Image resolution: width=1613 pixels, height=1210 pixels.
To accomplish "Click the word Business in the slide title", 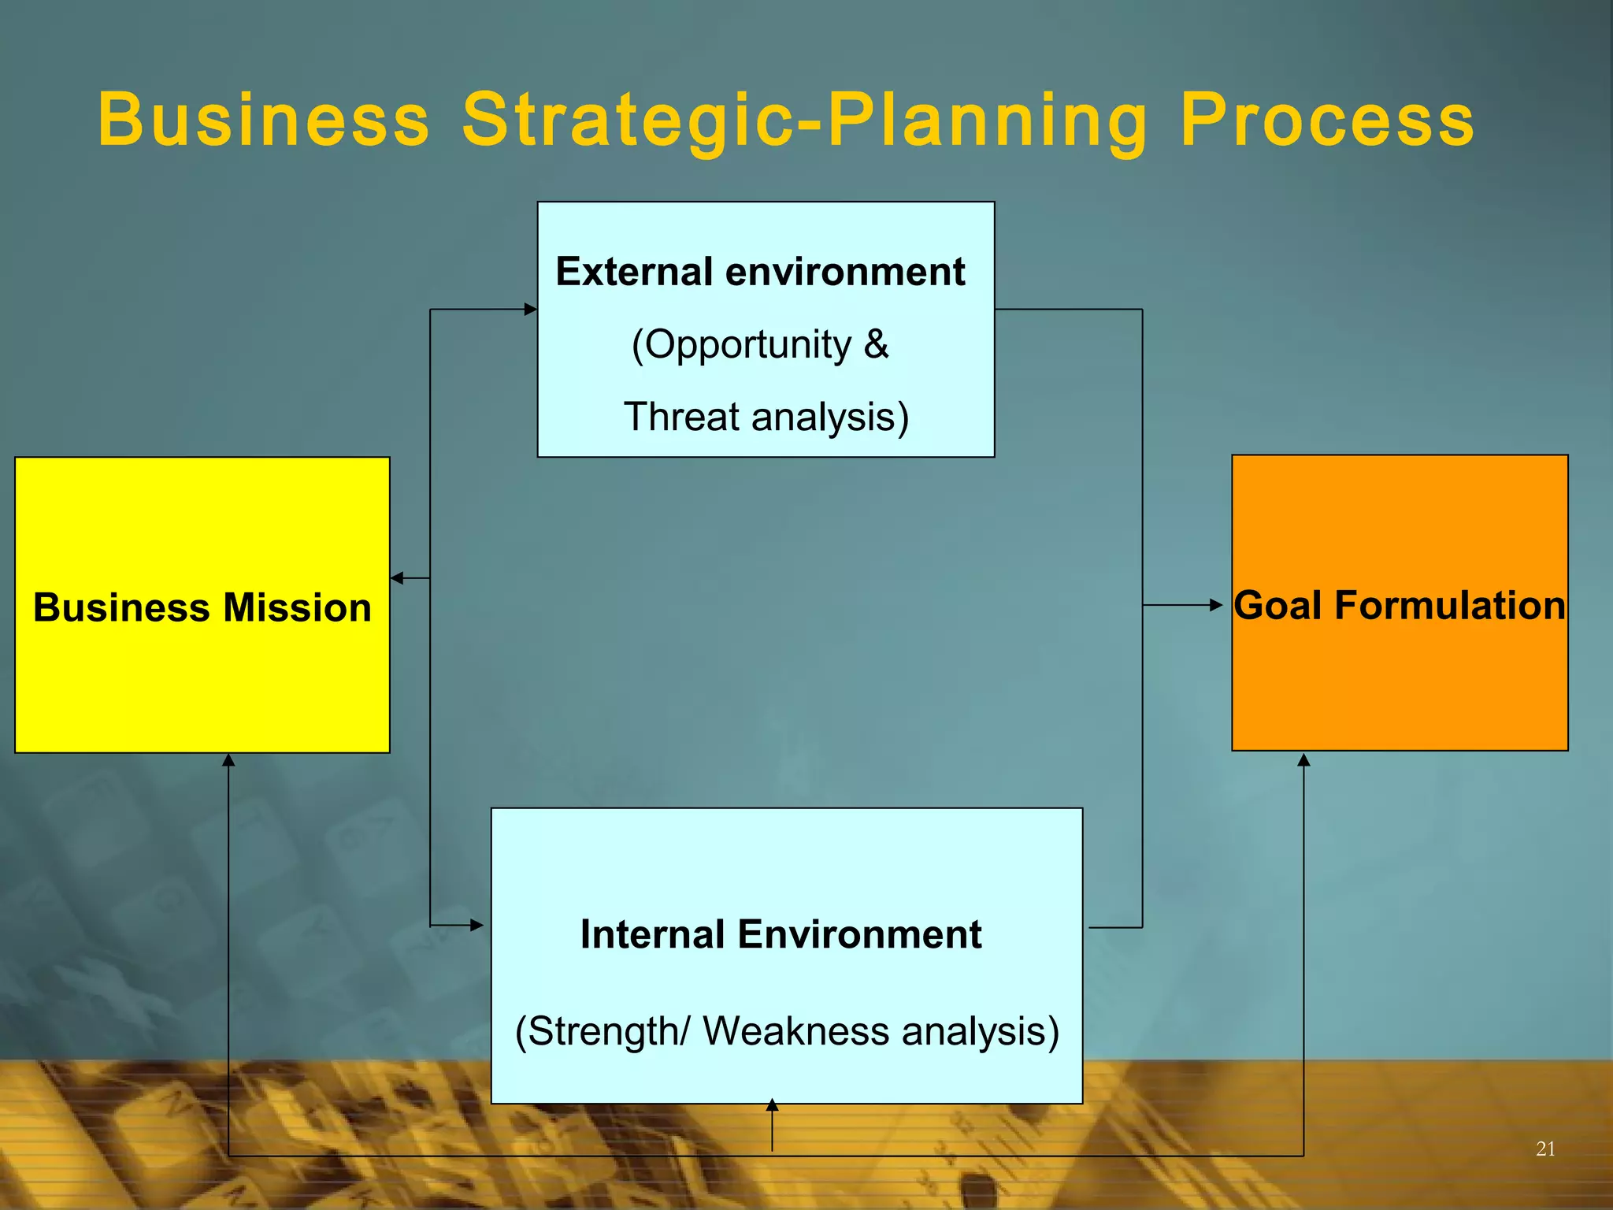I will coord(264,120).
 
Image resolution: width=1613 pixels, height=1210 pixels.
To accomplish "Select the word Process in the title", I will coord(1326,120).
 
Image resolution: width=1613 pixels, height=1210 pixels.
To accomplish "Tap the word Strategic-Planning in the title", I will coord(804,120).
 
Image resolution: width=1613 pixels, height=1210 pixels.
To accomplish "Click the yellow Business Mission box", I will coord(202,677).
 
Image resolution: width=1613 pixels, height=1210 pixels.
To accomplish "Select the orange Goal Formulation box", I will coord(1400,685).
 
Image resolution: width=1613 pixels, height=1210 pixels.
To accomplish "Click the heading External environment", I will coord(760,272).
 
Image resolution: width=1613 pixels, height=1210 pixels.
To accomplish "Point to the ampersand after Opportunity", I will coord(876,344).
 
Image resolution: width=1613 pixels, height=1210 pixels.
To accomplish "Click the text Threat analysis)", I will coord(766,417).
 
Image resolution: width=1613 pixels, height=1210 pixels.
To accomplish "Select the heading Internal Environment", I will coord(781,934).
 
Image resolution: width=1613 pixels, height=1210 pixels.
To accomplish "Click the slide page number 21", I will coord(1545,1149).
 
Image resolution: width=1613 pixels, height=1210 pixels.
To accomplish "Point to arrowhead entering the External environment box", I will coord(531,310).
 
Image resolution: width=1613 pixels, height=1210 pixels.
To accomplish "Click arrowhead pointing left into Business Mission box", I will coord(397,578).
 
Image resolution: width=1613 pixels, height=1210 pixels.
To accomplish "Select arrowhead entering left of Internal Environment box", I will coord(476,925).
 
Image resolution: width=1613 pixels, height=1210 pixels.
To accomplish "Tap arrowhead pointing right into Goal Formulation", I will coord(1216,605).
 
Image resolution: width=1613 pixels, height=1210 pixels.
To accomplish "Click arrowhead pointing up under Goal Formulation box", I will coord(1303,760).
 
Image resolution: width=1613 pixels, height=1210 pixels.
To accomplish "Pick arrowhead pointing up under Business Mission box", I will coord(228,760).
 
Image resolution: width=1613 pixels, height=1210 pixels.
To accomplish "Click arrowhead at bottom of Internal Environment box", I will coord(772,1105).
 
